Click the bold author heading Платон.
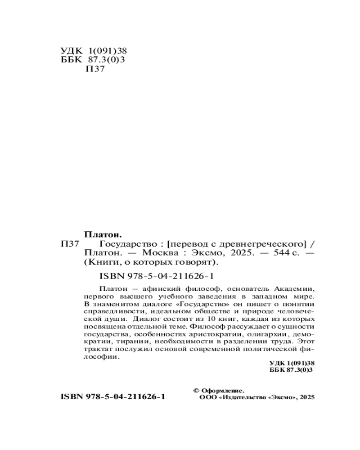click(x=104, y=235)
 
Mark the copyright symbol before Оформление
click(x=195, y=390)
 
